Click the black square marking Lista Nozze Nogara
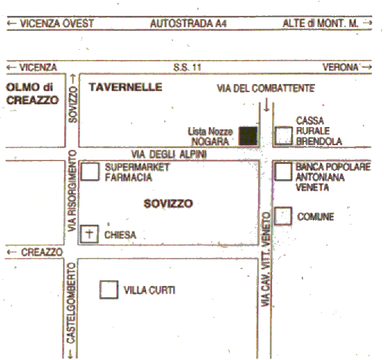coord(248,136)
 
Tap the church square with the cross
coord(89,234)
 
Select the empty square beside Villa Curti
coord(109,290)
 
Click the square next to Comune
coord(283,216)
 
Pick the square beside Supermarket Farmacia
coord(90,172)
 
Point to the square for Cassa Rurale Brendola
coord(283,136)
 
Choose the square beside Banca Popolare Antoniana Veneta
coord(283,172)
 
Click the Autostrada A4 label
coord(188,23)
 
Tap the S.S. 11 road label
coord(187,67)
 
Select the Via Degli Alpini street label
coord(169,154)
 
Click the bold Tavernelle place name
coord(125,87)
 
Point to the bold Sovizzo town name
coord(169,203)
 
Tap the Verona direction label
coord(340,67)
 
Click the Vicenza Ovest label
coord(57,23)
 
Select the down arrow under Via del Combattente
coord(266,104)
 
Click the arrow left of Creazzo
coord(11,252)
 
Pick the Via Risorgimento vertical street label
coord(73,191)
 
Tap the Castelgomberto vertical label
coord(71,303)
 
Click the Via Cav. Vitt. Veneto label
coord(265,259)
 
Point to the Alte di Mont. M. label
coord(321,23)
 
